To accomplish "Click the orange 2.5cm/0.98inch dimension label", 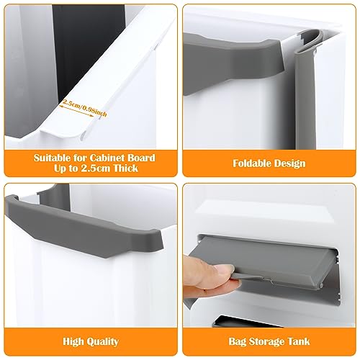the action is pyautogui.click(x=84, y=107).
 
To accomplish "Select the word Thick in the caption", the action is pyautogui.click(x=126, y=168).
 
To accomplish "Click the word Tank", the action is pyautogui.click(x=298, y=341).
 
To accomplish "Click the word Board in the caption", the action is pyautogui.click(x=141, y=158).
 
